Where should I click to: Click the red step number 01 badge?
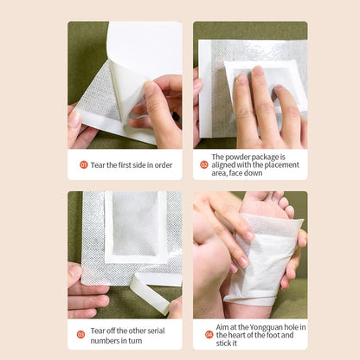(84, 164)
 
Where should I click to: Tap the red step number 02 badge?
(204, 164)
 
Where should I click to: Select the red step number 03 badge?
(80, 334)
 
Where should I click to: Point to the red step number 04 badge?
(209, 334)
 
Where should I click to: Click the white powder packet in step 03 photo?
(135, 223)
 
